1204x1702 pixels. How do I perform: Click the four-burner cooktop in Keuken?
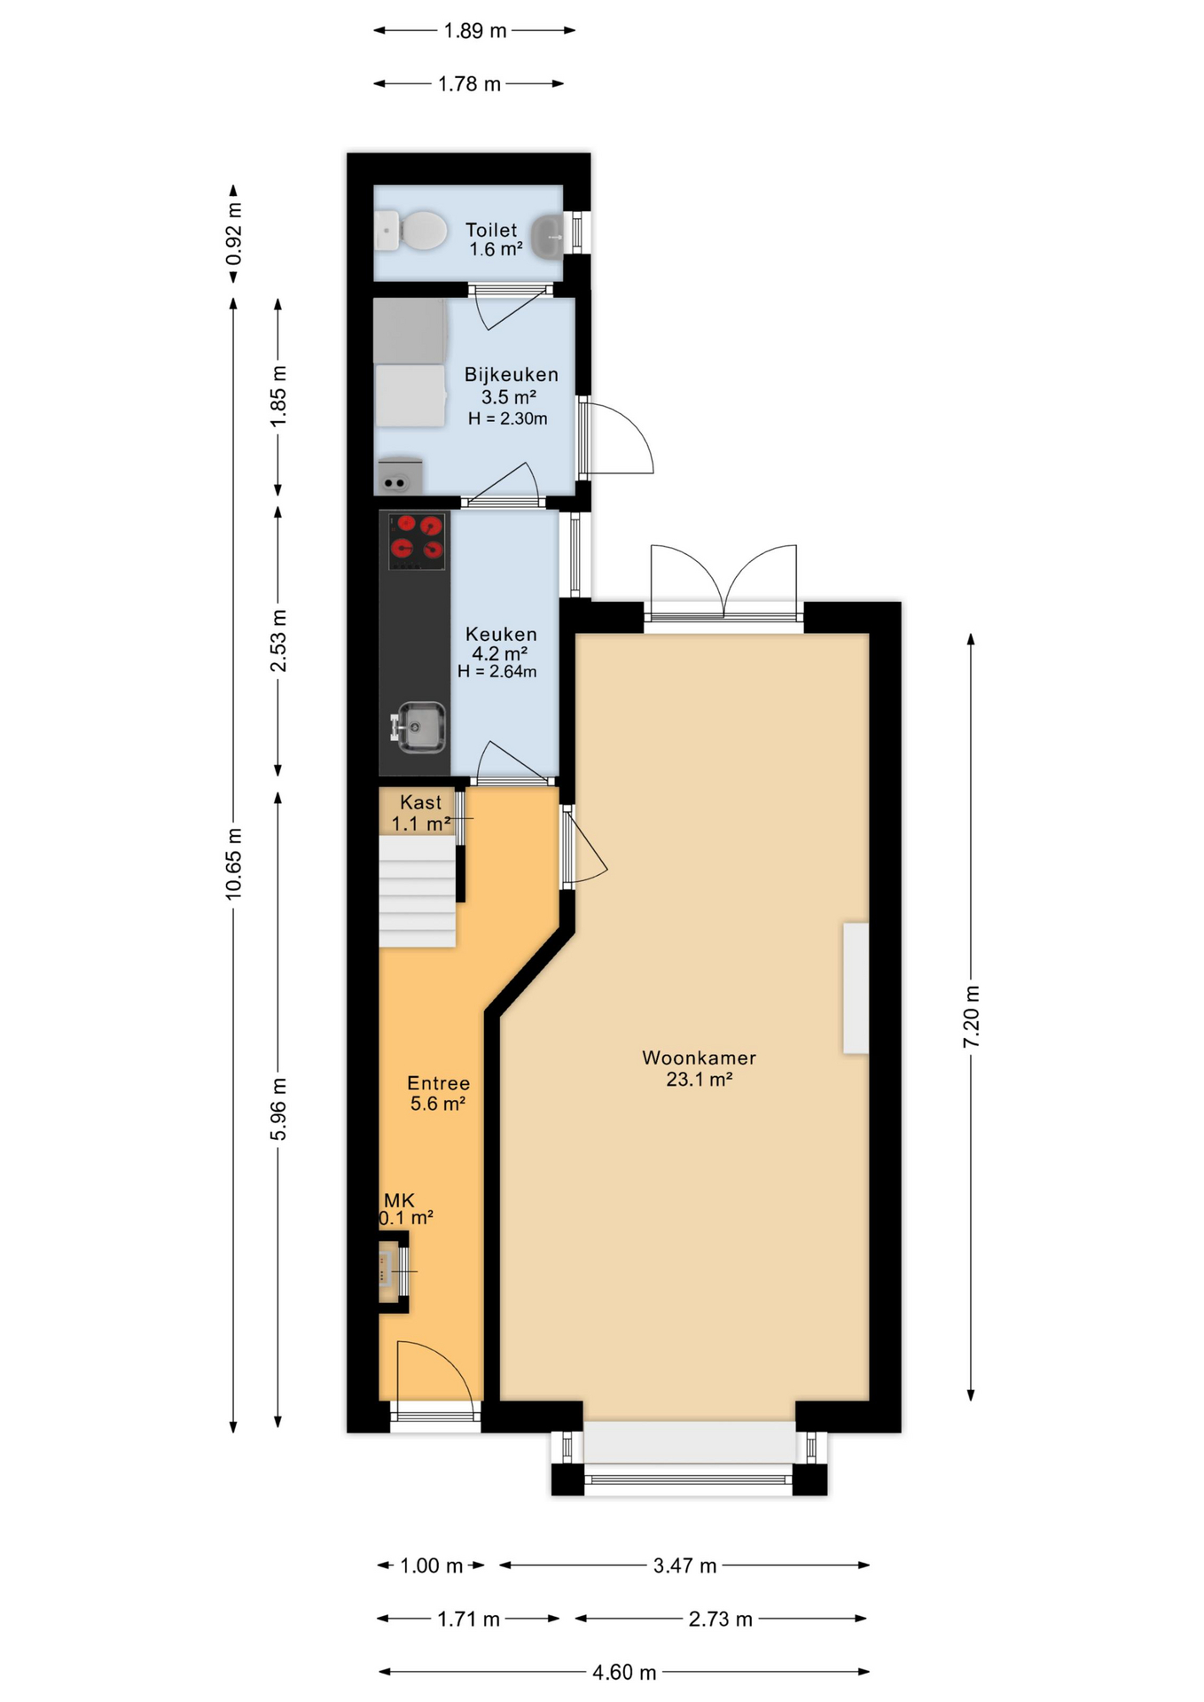coord(417,542)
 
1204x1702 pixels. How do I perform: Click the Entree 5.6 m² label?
coord(438,1092)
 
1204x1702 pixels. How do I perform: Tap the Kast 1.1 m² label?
coord(420,812)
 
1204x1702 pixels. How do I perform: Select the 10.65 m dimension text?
coord(233,863)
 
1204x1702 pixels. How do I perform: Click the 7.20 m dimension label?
coord(971,1016)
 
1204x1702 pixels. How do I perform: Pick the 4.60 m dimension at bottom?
coord(624,1672)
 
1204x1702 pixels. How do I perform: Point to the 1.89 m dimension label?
coord(475,31)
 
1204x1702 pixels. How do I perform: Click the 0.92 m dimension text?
coord(233,234)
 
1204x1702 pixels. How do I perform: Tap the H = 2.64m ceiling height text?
coord(496,672)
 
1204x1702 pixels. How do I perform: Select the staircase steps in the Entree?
coord(417,891)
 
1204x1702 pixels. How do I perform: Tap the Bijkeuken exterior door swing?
coord(619,439)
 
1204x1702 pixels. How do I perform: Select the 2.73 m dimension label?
coord(720,1619)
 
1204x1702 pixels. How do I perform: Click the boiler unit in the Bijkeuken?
coord(399,476)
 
